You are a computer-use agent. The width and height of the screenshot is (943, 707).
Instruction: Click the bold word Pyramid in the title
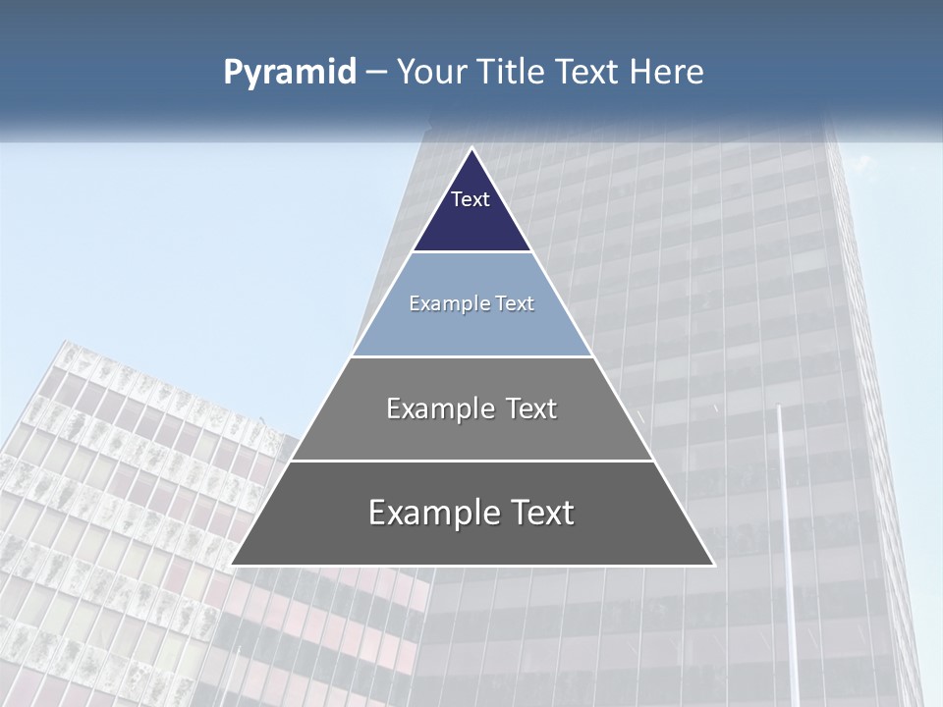(x=290, y=72)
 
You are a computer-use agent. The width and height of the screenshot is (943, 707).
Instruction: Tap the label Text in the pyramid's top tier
(x=471, y=199)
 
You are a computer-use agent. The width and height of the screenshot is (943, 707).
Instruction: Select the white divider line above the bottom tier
(x=471, y=461)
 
